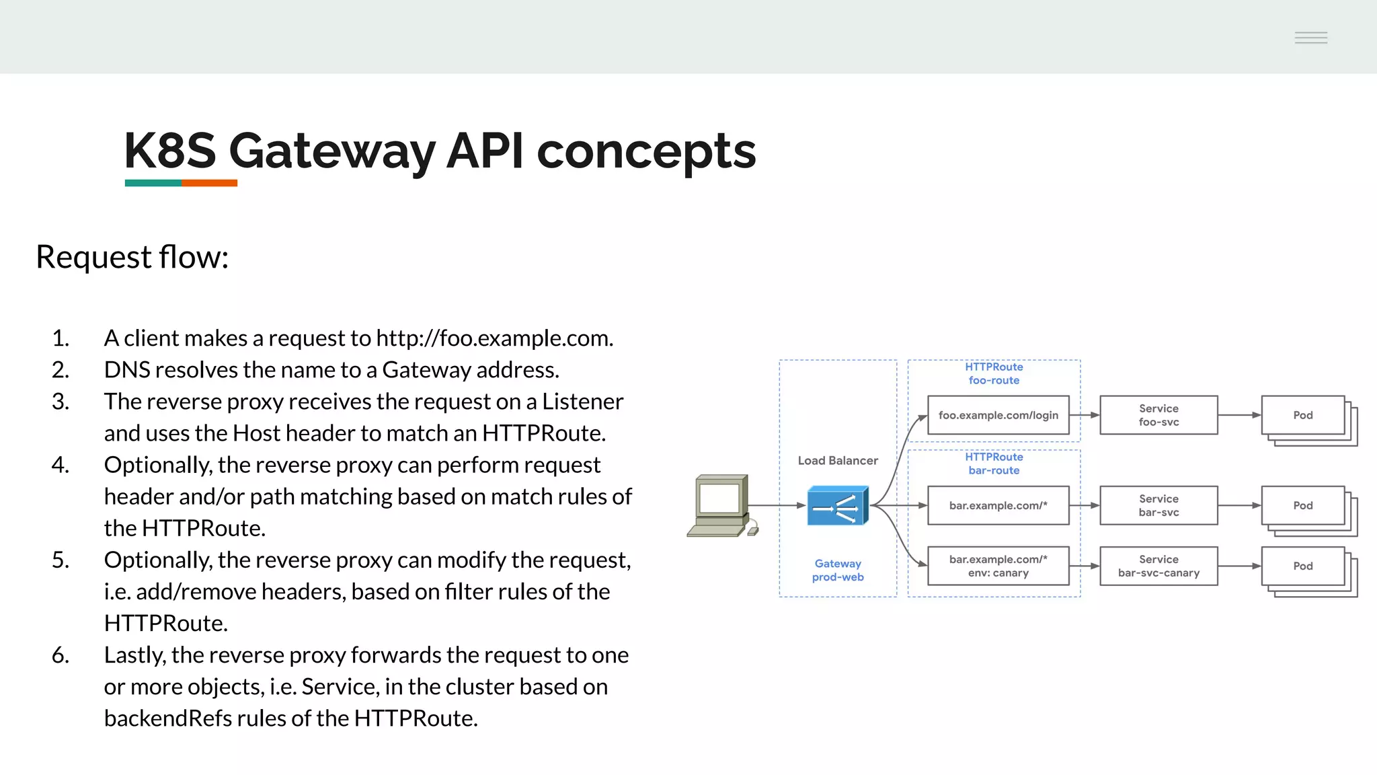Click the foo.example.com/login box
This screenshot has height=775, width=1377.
[x=998, y=415]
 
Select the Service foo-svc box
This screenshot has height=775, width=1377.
[x=1158, y=415]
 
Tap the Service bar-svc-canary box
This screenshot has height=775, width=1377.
[x=1158, y=566]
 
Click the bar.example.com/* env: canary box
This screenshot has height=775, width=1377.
[x=998, y=566]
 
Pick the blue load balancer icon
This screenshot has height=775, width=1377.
[x=838, y=505]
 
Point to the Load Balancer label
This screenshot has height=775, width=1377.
[x=838, y=461]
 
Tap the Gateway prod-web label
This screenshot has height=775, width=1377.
[x=838, y=570]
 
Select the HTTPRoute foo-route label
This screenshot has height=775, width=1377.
[x=994, y=373]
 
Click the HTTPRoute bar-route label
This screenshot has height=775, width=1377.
[x=994, y=464]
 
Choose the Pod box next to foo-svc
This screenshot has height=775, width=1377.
[x=1303, y=415]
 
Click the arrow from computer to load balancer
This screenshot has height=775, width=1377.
[x=777, y=505]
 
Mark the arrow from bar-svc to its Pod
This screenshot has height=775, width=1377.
[x=1239, y=505]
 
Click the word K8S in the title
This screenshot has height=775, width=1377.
[x=170, y=151]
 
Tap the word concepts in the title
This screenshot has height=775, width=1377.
[x=646, y=151]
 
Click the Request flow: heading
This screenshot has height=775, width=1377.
[x=132, y=257]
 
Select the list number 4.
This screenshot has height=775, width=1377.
[x=61, y=465]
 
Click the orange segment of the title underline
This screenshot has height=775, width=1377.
[x=209, y=183]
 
